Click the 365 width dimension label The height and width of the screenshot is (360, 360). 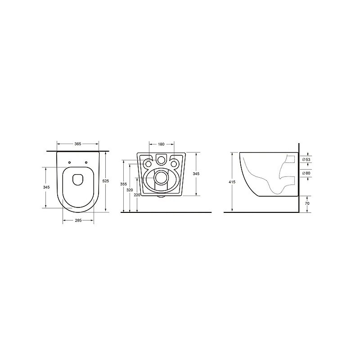click(78, 144)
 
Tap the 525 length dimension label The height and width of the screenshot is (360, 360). click(106, 181)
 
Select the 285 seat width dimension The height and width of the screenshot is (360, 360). click(78, 220)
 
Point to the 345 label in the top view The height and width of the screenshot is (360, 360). click(46, 187)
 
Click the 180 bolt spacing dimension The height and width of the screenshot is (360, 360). click(161, 144)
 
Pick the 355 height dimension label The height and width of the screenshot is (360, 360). click(123, 184)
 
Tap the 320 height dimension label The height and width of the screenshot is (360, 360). click(130, 190)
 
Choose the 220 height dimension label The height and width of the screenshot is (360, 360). click(137, 195)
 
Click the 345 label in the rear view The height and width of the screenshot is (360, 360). click(196, 174)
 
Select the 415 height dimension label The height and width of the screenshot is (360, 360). click(232, 182)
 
